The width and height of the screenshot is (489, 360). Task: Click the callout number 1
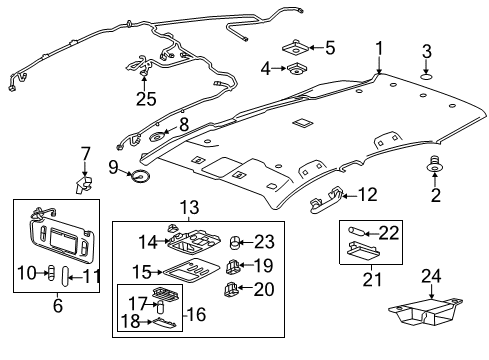tap(379, 47)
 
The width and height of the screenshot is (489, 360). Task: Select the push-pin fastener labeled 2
tap(436, 165)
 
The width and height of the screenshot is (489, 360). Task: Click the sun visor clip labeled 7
tap(85, 181)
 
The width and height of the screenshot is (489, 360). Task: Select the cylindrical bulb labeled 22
tap(358, 231)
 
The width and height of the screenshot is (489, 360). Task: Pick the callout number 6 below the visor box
tap(57, 306)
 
